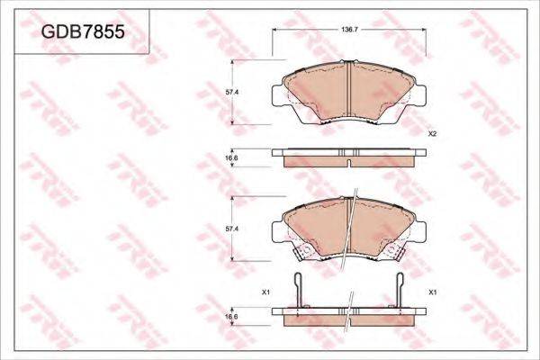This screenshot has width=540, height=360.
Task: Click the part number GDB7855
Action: tap(83, 32)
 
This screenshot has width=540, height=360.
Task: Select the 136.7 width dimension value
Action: tap(350, 30)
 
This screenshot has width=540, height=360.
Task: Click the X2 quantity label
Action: tap(432, 134)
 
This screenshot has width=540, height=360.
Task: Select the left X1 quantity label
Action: tap(265, 292)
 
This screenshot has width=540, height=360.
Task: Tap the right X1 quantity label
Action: tap(433, 292)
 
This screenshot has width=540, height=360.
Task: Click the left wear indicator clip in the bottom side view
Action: tap(299, 290)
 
